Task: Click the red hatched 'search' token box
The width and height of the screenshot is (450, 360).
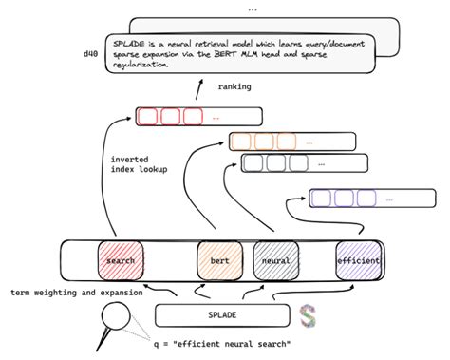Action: [x=121, y=259]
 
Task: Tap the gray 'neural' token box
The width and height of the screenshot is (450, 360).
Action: [x=276, y=259]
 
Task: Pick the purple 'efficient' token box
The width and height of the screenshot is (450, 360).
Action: [x=358, y=259]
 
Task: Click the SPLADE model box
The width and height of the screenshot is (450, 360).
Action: [x=221, y=314]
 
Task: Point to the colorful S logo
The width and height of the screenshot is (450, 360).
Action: [x=307, y=315]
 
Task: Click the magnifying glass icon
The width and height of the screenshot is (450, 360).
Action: [x=117, y=320]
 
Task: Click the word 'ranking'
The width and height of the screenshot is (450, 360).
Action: [x=234, y=87]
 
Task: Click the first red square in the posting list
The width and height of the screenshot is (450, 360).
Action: [x=147, y=118]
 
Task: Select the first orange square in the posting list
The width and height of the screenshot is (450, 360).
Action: [x=241, y=142]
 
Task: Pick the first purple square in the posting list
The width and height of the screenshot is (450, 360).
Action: [x=321, y=199]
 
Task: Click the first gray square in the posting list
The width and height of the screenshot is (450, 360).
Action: [x=253, y=162]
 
